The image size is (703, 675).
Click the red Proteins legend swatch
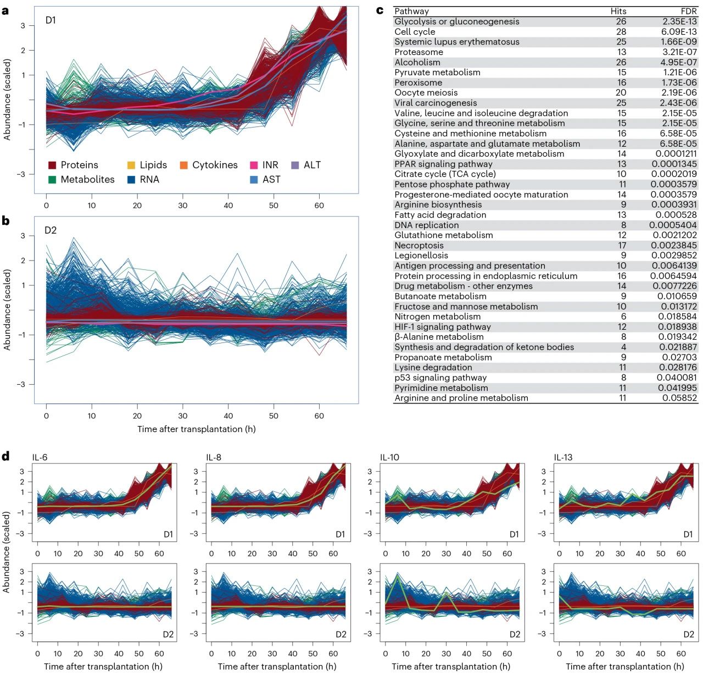[52, 165]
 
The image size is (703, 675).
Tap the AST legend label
[271, 179]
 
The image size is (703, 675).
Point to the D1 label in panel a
[51, 20]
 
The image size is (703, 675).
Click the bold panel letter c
[380, 10]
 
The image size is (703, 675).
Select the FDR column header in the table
[688, 11]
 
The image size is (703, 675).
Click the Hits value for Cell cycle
[621, 32]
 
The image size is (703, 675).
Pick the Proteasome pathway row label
[419, 52]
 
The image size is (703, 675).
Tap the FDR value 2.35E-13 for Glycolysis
[679, 21]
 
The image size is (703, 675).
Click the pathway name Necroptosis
[419, 246]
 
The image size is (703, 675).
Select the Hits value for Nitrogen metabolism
[623, 317]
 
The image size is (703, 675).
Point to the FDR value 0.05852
[679, 398]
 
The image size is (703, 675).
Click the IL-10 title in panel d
[389, 457]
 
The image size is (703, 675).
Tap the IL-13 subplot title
[563, 457]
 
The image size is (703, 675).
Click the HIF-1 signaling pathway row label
[442, 327]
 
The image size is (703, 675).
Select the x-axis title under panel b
[196, 429]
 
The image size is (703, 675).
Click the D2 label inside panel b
[51, 230]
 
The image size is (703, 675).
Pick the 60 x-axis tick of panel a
[319, 206]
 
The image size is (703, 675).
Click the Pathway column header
[411, 11]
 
